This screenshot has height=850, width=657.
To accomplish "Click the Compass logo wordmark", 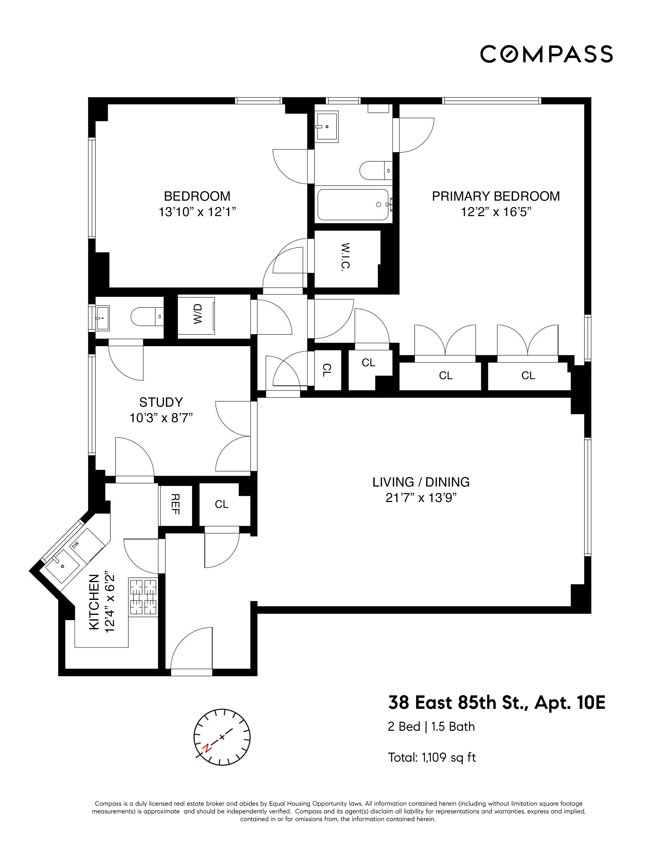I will pos(546,54).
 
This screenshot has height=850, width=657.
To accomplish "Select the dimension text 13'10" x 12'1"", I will pos(197,212).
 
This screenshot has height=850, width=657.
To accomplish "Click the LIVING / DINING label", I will pos(421,482).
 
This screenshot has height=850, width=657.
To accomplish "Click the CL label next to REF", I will pos(222,504).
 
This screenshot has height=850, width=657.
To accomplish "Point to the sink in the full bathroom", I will pos(326,126).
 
